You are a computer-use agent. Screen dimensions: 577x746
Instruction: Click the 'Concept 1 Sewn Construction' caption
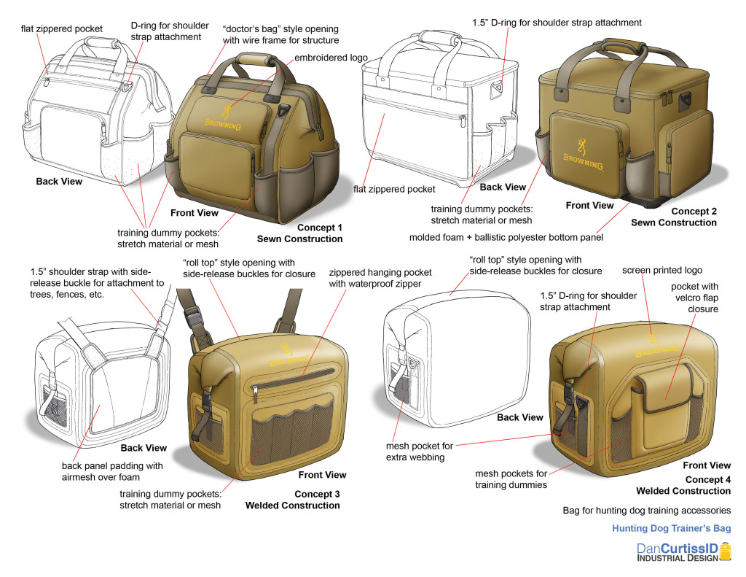pos(299,233)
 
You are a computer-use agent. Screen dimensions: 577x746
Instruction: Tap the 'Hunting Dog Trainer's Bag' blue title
pos(671,528)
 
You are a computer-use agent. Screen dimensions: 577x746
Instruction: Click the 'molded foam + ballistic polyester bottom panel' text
pos(506,237)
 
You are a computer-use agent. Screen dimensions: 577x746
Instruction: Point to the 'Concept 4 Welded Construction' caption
pos(683,485)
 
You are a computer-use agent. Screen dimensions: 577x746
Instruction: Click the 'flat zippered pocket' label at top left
pos(61,28)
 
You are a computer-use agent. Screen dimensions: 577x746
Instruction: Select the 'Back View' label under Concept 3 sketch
pos(144,448)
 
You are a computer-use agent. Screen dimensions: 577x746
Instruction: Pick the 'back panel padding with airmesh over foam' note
pos(112,470)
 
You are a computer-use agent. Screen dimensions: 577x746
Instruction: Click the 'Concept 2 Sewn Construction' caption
pos(674,217)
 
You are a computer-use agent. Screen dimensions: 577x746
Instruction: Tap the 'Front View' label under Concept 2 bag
pos(589,206)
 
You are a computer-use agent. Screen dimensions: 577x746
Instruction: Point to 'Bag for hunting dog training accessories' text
pos(646,510)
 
